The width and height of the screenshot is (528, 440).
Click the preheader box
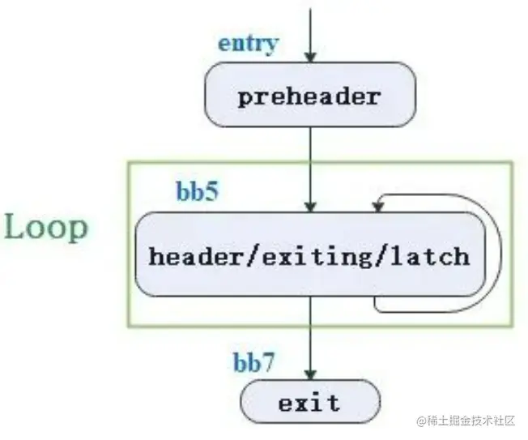tap(310, 96)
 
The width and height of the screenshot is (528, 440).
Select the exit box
tap(309, 403)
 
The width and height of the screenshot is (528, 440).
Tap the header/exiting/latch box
tap(309, 254)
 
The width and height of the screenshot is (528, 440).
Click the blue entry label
tap(247, 43)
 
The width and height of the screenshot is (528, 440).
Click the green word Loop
tap(46, 228)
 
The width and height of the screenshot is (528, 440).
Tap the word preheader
tap(309, 97)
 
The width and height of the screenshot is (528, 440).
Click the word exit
tap(309, 403)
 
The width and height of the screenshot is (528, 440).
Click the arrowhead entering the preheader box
tap(310, 57)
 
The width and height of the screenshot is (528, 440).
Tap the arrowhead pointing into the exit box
tap(310, 374)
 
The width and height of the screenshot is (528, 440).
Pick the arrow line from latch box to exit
tap(310, 332)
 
